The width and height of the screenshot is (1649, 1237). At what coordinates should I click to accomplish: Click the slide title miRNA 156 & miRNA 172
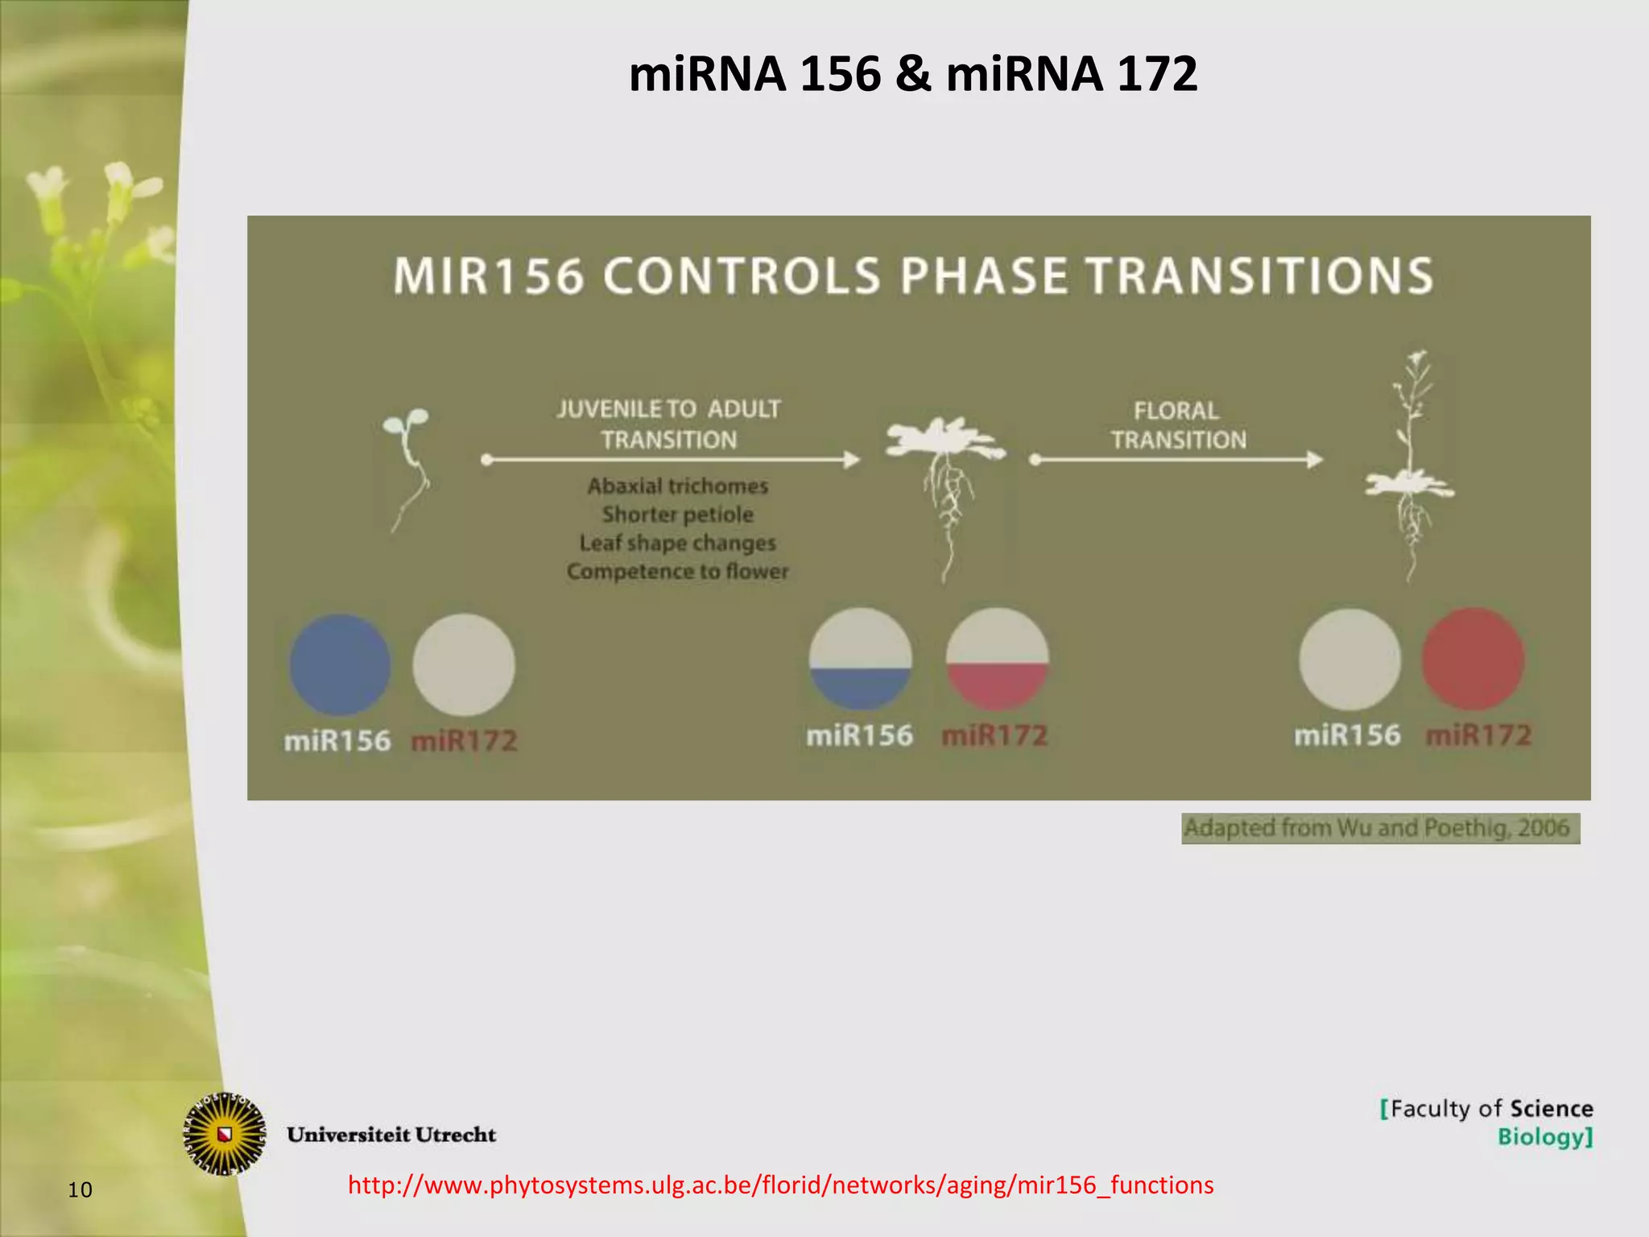click(x=912, y=74)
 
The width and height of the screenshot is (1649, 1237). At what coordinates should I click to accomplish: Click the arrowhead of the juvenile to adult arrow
click(x=852, y=460)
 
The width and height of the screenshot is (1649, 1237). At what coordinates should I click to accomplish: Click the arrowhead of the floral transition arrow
click(x=1315, y=460)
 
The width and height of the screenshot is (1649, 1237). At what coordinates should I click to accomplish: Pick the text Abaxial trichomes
click(x=677, y=486)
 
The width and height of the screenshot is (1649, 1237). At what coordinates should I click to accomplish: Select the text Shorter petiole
click(x=677, y=515)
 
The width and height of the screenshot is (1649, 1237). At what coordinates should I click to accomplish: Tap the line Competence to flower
click(x=677, y=572)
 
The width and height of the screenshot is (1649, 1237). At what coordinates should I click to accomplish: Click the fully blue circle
click(x=340, y=665)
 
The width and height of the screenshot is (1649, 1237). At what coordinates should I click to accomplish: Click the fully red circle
click(x=1473, y=659)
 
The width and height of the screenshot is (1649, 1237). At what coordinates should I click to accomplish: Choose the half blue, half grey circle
click(x=860, y=659)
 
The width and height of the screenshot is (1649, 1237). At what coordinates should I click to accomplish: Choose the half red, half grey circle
click(x=997, y=659)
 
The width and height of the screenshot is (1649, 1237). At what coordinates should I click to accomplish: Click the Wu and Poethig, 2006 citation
click(x=1379, y=828)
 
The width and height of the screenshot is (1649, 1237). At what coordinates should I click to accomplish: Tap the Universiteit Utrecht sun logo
click(x=225, y=1134)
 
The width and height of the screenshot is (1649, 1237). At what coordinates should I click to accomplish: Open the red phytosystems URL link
click(x=780, y=1185)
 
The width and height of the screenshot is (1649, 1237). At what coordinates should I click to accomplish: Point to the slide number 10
click(x=80, y=1189)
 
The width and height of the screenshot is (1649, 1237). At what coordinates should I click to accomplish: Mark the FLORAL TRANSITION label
click(x=1177, y=425)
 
